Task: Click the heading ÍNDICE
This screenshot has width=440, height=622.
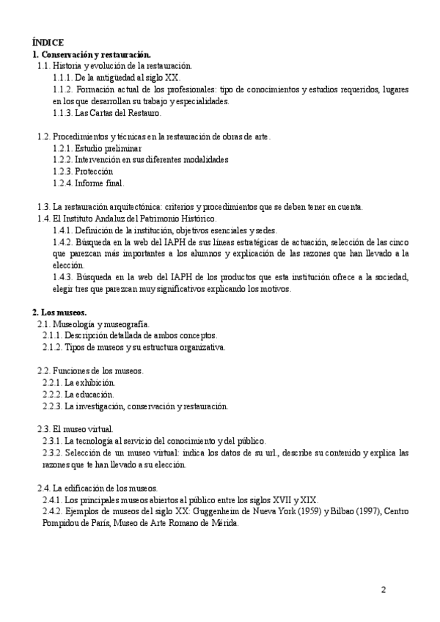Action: pos(48,43)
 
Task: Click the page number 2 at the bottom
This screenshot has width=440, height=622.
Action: pos(383,589)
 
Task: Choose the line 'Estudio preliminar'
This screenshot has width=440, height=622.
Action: pos(103,147)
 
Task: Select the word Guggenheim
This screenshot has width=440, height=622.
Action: pos(225,511)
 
